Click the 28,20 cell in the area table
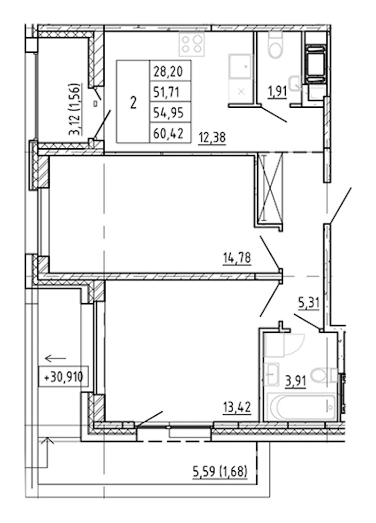(x=170, y=71)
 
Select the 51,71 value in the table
(x=170, y=91)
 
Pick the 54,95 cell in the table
(x=170, y=112)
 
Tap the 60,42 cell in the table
(x=170, y=133)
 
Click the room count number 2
(x=133, y=103)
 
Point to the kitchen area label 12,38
(x=212, y=137)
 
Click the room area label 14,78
(x=237, y=258)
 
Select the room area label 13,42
(x=237, y=407)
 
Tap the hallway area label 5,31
(x=309, y=303)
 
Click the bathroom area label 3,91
(x=296, y=380)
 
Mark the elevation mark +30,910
(x=63, y=377)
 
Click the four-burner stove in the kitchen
(x=191, y=45)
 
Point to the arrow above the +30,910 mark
(x=55, y=359)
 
